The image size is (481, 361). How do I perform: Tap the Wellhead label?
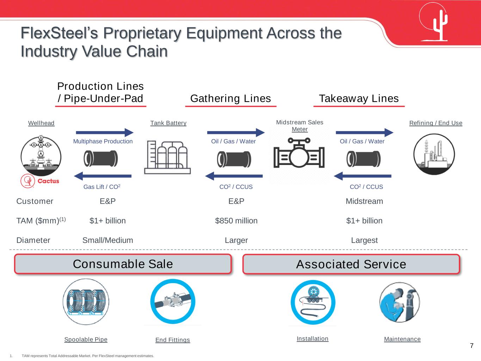coord(41,123)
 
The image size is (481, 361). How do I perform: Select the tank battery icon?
coord(167,157)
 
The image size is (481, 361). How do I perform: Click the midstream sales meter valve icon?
coord(299,153)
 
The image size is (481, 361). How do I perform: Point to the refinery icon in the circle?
coord(434,154)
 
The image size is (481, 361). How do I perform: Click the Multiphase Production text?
coord(103,141)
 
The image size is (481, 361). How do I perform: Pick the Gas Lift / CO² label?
coord(102,187)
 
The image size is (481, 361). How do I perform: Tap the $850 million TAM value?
coord(236,221)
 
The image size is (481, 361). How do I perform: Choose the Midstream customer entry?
coord(364,201)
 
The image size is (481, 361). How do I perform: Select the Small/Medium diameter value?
coord(107,240)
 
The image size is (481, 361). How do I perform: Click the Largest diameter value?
coord(364,240)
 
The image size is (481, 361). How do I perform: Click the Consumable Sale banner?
coord(123,264)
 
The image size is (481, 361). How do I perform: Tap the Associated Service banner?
coord(351,264)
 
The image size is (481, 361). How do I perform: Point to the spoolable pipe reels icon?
coord(86,302)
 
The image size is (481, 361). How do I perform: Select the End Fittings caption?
coord(173,340)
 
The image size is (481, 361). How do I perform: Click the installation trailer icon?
coord(313,302)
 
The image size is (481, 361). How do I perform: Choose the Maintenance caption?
coord(402,339)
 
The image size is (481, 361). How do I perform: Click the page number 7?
coord(472,345)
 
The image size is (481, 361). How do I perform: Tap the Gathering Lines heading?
coord(230,98)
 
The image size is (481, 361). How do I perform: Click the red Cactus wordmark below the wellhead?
coord(48,181)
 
